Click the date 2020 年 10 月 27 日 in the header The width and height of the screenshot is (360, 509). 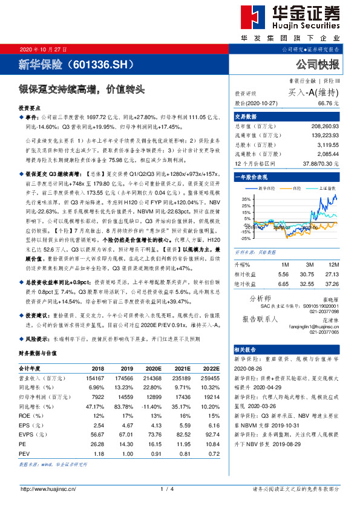(x=44, y=49)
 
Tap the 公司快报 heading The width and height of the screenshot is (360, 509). (x=317, y=64)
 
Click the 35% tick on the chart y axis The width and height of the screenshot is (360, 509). (x=244, y=198)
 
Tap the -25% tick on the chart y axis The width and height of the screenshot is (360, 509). (x=244, y=238)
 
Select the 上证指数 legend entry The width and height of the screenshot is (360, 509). (x=326, y=188)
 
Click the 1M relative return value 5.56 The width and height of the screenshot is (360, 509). (x=284, y=274)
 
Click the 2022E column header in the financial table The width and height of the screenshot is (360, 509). (x=210, y=368)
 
